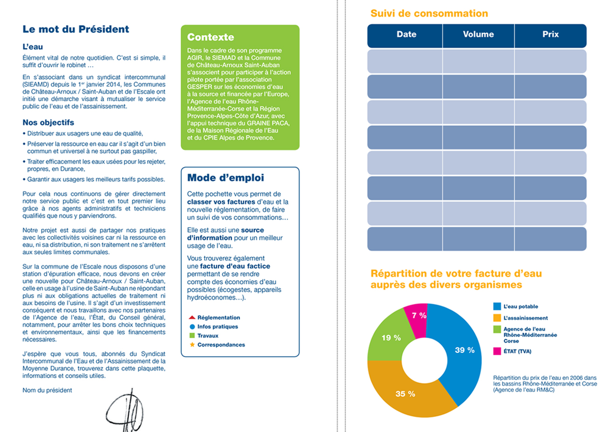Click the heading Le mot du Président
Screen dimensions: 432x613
76,29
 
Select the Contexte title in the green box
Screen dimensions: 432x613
210,37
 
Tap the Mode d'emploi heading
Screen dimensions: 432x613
225,178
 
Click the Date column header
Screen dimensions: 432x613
406,34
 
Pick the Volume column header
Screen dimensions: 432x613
478,34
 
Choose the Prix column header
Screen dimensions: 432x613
550,34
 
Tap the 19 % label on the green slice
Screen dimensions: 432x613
391,337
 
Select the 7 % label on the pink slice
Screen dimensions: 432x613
419,315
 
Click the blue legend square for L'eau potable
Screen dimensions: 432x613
497,307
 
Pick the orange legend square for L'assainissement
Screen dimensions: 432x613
497,318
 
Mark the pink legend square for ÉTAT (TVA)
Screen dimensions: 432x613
497,351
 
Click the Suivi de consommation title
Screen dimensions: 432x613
429,13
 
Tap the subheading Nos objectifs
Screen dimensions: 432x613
48,123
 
